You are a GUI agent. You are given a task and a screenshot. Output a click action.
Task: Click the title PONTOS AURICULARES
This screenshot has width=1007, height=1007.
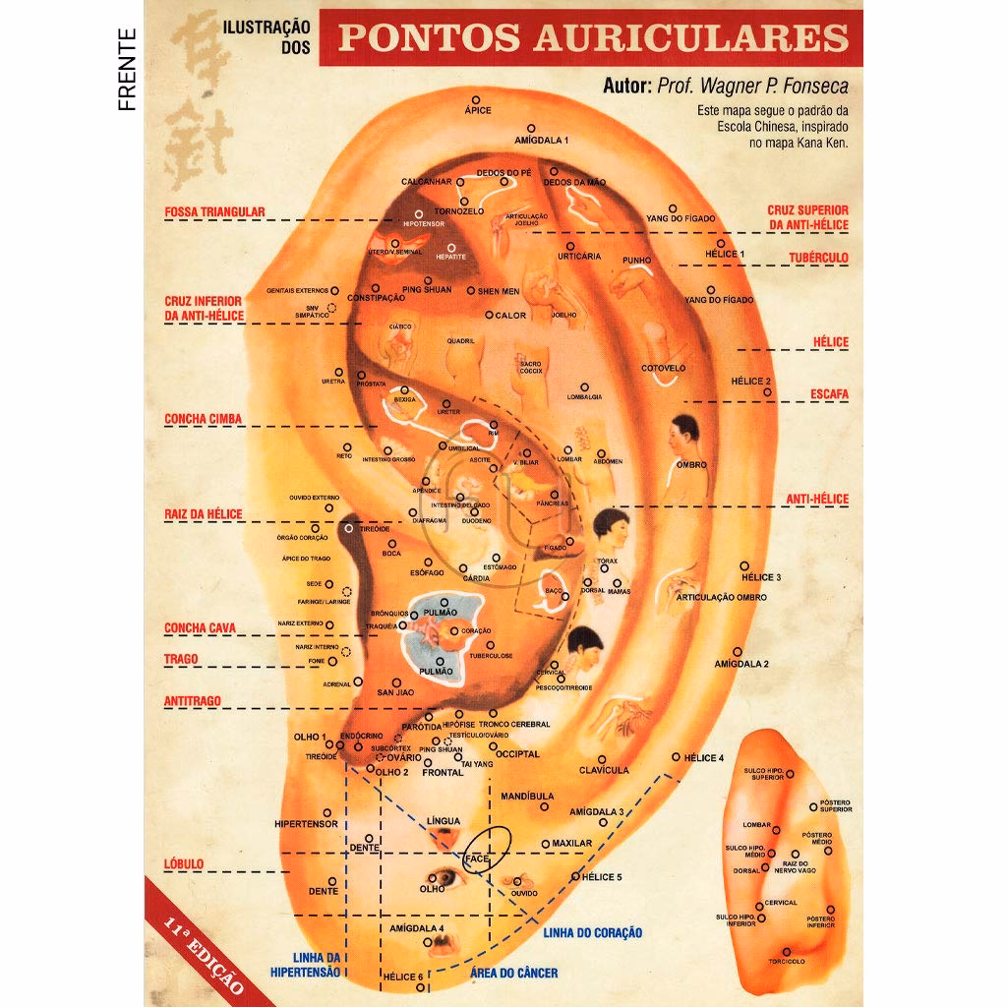coord(593,37)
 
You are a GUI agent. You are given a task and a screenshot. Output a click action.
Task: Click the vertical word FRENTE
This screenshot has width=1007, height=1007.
coord(127,68)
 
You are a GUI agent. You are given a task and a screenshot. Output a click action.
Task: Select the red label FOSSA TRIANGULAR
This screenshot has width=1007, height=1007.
coord(214,211)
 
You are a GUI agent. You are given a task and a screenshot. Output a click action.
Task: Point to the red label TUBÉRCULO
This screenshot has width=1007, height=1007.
coord(818,258)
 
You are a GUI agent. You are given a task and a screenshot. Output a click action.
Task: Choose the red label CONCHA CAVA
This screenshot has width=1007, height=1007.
coord(200,628)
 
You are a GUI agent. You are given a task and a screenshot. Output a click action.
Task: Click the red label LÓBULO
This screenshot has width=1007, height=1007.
coord(184,864)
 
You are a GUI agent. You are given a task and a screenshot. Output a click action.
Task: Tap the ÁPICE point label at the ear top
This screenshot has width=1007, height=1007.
coord(477,111)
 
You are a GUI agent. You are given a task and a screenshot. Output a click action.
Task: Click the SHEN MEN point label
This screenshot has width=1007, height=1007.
coord(499,291)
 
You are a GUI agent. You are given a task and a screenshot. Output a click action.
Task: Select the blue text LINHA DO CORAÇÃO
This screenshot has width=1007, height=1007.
coord(592,932)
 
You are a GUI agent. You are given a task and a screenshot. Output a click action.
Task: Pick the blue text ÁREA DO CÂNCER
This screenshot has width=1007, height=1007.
coord(514,974)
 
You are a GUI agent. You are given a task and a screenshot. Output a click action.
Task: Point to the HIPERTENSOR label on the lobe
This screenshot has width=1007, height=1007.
coord(306,824)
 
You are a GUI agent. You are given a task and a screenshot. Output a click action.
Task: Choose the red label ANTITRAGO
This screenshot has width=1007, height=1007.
coord(193,701)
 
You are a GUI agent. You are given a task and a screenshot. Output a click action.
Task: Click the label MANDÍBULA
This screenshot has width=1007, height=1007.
coord(526,796)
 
